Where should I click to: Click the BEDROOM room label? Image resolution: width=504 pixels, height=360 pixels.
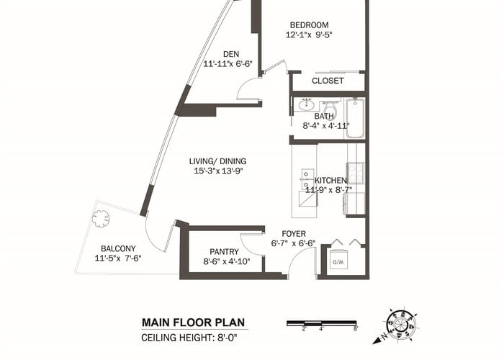pos(309,25)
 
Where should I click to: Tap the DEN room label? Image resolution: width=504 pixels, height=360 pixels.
pos(231,54)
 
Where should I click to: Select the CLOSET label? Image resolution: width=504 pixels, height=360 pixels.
pos(328,81)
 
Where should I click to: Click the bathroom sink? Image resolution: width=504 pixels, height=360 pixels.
pos(306,105)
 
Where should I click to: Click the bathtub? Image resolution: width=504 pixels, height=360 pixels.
pos(355,118)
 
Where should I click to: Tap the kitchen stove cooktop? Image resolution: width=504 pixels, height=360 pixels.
pos(356,174)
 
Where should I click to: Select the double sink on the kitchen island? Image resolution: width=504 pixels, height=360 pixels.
pos(307,179)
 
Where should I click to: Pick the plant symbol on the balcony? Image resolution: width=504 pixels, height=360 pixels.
pos(101,219)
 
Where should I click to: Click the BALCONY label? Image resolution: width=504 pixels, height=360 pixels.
pos(118,248)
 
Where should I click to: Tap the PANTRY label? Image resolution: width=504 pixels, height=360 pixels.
pos(225,252)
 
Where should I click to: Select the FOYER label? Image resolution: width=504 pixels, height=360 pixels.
pos(294,234)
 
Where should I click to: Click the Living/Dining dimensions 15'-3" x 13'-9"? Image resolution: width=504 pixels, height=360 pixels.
pos(218,171)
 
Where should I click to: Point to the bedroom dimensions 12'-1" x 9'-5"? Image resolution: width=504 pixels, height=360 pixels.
pos(309,35)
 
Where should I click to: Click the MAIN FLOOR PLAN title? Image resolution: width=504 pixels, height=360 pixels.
pos(194,323)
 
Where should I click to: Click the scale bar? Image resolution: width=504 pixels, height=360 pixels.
pos(322,323)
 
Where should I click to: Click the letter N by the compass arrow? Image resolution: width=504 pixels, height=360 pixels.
pos(384,336)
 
